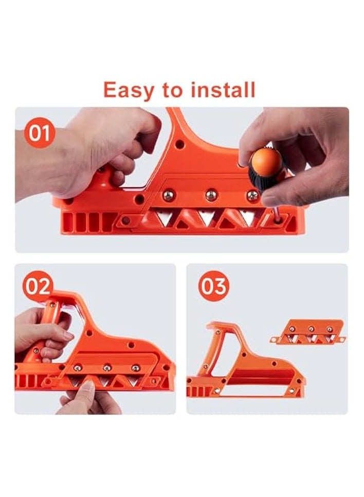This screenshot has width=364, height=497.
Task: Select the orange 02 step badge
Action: pos(37,286)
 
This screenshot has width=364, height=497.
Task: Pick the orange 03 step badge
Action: pos(213,286)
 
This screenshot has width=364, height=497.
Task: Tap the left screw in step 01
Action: pos(168,195)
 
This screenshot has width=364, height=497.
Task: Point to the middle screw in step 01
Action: pos(211,195)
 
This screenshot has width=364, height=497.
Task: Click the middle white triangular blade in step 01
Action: pos(207,218)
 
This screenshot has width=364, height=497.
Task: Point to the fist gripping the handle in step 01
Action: pos(103,149)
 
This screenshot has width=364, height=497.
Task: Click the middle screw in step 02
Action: pos(107,368)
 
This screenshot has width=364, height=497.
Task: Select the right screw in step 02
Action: pos(135,368)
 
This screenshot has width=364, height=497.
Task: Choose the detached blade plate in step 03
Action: pos(307,332)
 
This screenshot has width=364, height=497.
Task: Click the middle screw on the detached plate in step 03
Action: pos(310,328)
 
